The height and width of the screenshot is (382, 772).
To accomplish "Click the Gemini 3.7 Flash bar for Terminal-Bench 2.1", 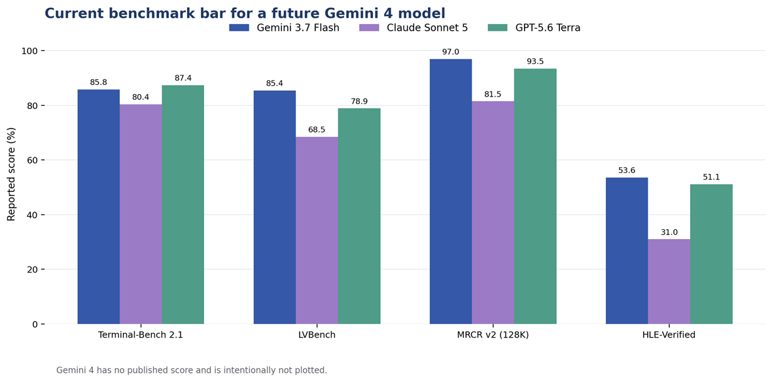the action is (99, 206).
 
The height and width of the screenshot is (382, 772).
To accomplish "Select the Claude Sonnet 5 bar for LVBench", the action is (317, 230).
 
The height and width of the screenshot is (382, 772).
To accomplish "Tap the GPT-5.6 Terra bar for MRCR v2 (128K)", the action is (535, 196).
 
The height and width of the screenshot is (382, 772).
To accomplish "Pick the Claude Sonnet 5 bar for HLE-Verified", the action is (669, 281).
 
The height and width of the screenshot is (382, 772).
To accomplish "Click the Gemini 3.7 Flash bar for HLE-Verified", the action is (627, 251).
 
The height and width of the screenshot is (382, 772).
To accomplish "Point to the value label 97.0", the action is (451, 52).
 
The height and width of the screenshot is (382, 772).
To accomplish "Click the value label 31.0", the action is (669, 232).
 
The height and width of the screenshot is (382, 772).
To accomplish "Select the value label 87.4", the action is (183, 78).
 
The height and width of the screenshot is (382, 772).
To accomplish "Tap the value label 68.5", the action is (317, 130).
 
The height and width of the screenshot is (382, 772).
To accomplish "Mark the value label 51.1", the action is (711, 178).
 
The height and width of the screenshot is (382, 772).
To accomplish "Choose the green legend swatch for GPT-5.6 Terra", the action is (497, 27).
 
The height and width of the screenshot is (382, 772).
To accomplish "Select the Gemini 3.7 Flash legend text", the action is (298, 27).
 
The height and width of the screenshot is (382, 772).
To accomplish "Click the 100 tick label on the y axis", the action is (25, 51).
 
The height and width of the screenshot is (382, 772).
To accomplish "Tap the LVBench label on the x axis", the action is (317, 336).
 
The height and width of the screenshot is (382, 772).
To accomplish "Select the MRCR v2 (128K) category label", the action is (493, 336).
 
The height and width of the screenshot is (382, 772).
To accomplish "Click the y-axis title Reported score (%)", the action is (11, 187).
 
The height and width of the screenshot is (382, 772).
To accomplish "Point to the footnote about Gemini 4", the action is (192, 370).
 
